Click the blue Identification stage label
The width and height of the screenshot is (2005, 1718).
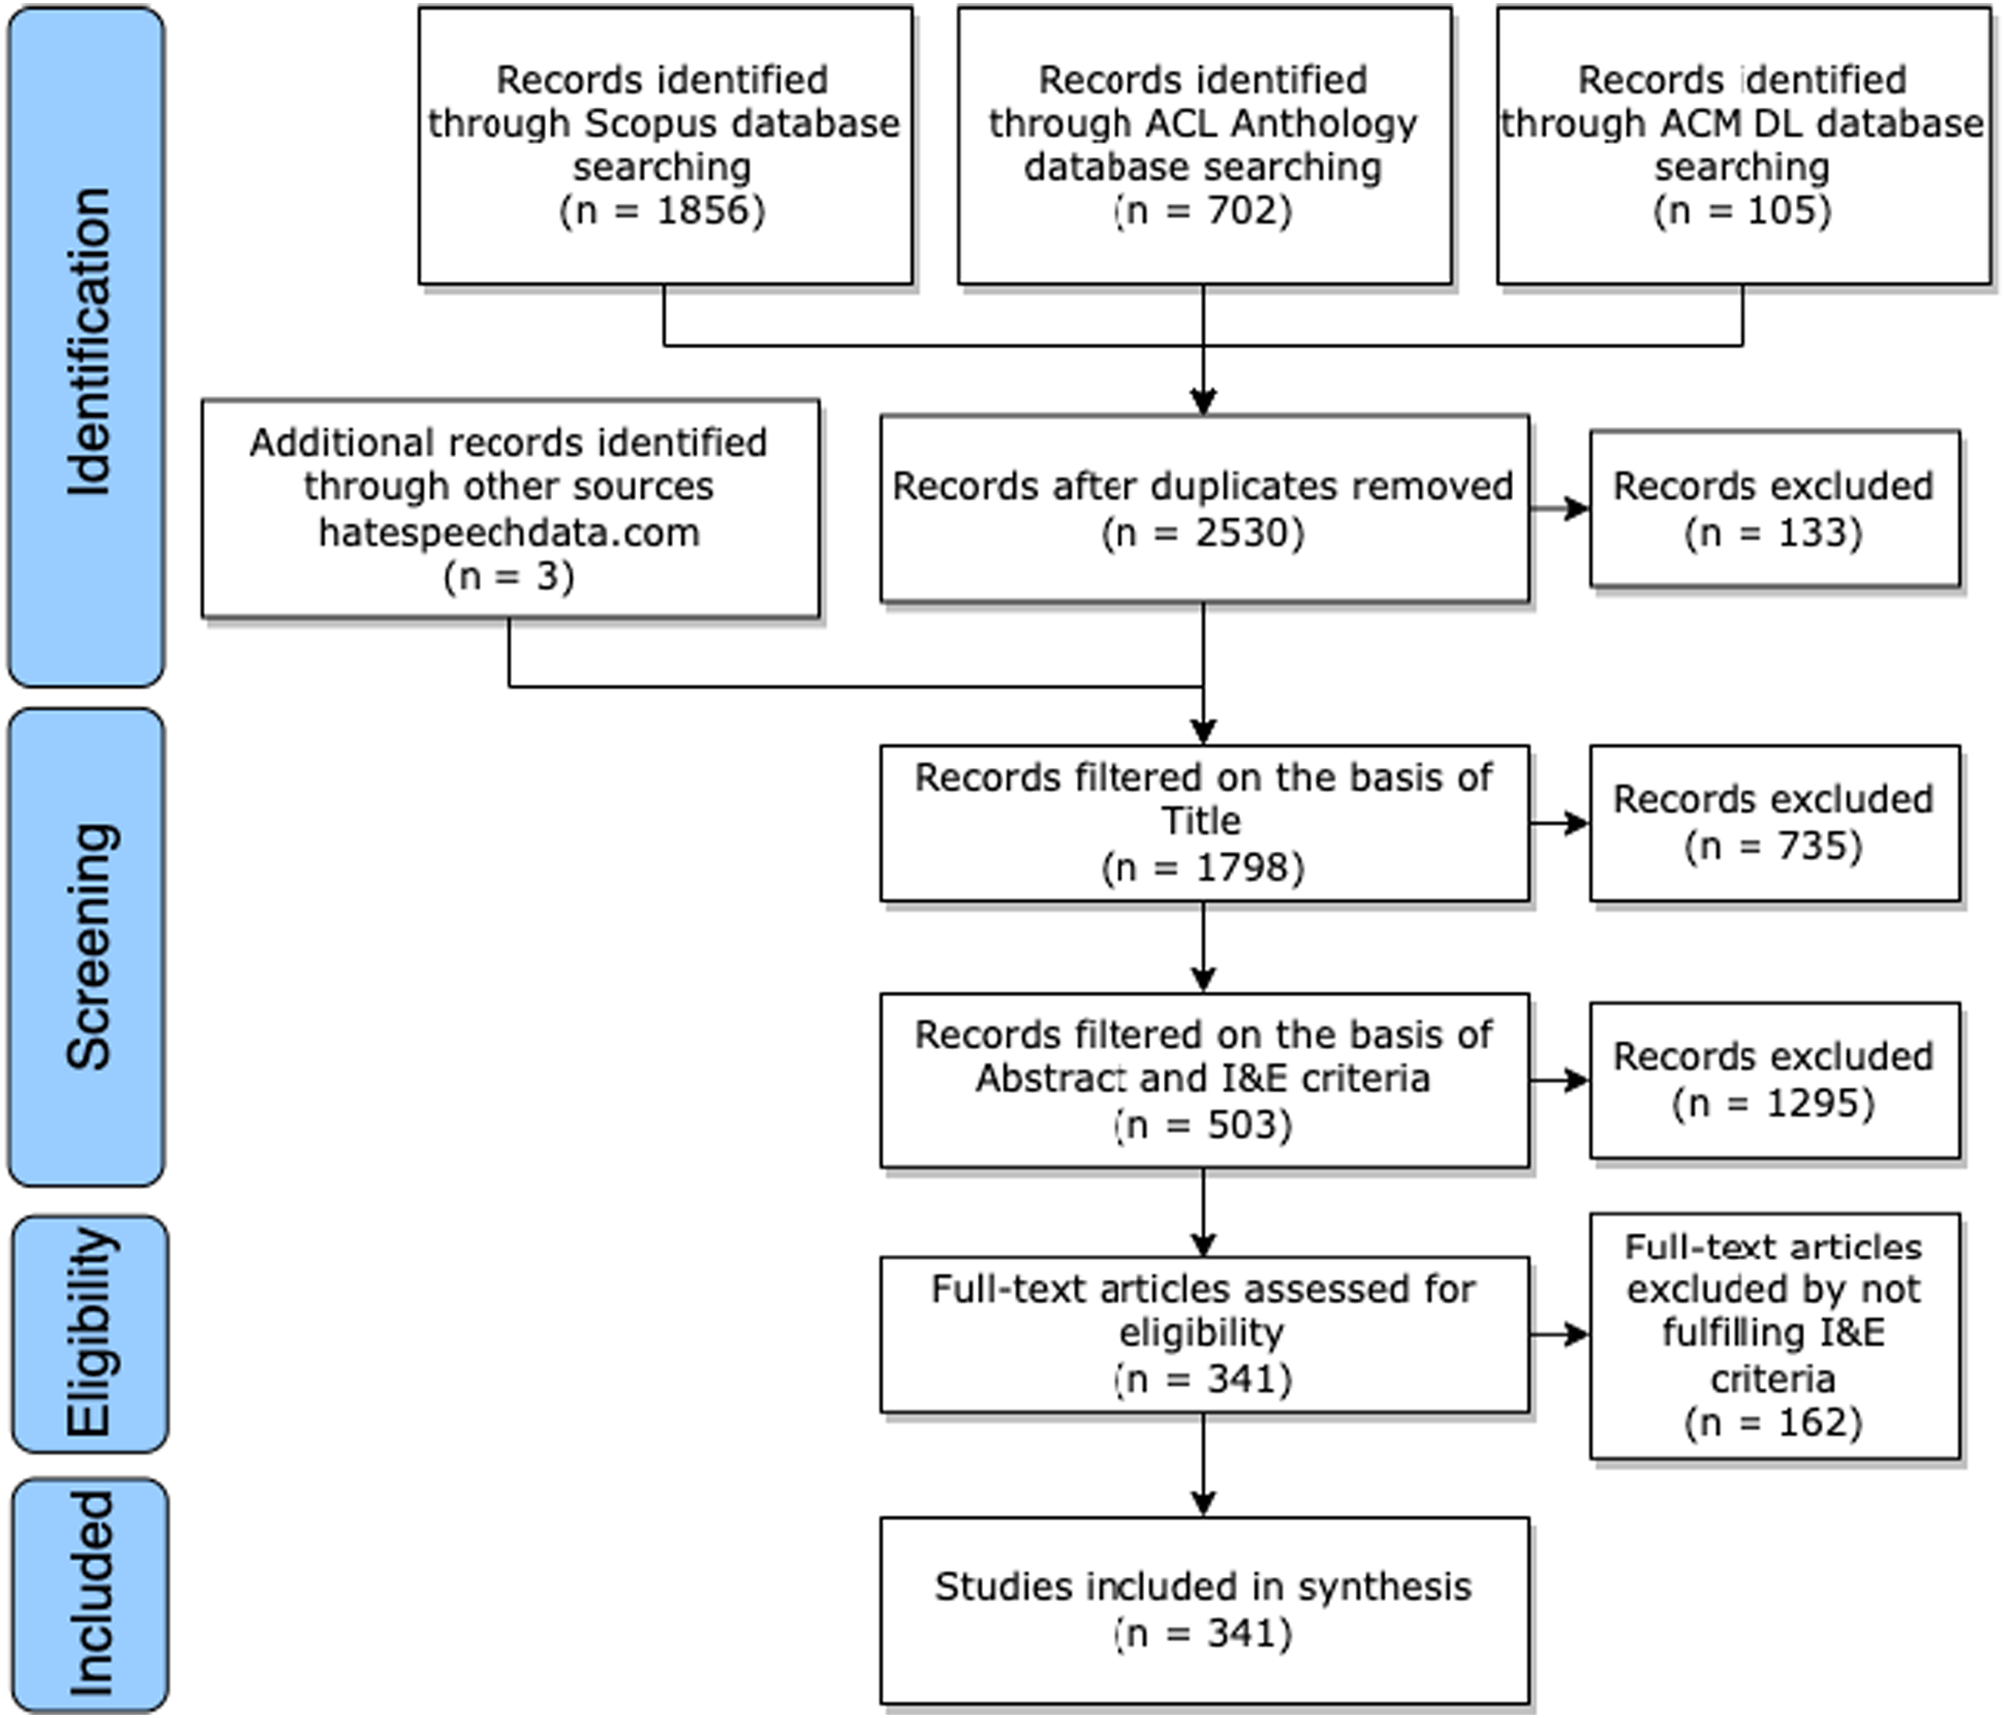coord(86,346)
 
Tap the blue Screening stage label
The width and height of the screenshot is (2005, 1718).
coord(86,947)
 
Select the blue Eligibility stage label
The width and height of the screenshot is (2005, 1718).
coord(90,1334)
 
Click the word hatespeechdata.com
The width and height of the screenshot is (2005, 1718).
coord(510,532)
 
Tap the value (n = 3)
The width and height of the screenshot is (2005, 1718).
coord(510,576)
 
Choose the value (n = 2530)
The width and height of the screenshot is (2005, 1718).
coord(1204,532)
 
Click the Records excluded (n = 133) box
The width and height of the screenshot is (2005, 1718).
coord(1774,509)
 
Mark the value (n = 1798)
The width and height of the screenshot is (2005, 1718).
coord(1204,867)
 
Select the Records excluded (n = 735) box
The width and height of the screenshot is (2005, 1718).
coord(1774,823)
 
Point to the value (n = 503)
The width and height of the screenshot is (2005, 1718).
coord(1204,1124)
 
